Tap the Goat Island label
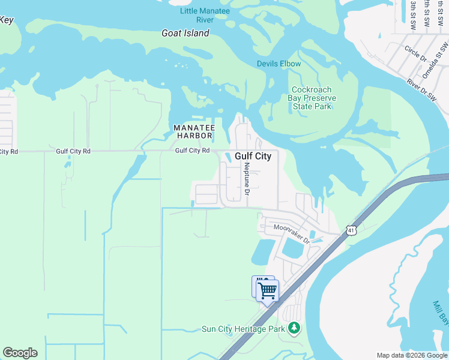point(185,33)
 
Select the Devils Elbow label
point(279,64)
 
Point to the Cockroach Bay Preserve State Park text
point(312,98)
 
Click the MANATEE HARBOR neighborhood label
point(194,132)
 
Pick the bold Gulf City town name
point(253,156)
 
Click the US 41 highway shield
point(351,230)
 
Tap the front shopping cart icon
point(268,291)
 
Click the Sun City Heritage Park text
point(243,328)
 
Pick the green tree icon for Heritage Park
point(294,328)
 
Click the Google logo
point(20,353)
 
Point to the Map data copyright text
point(412,355)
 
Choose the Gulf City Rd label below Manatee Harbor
point(192,151)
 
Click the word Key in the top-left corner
point(6,20)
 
